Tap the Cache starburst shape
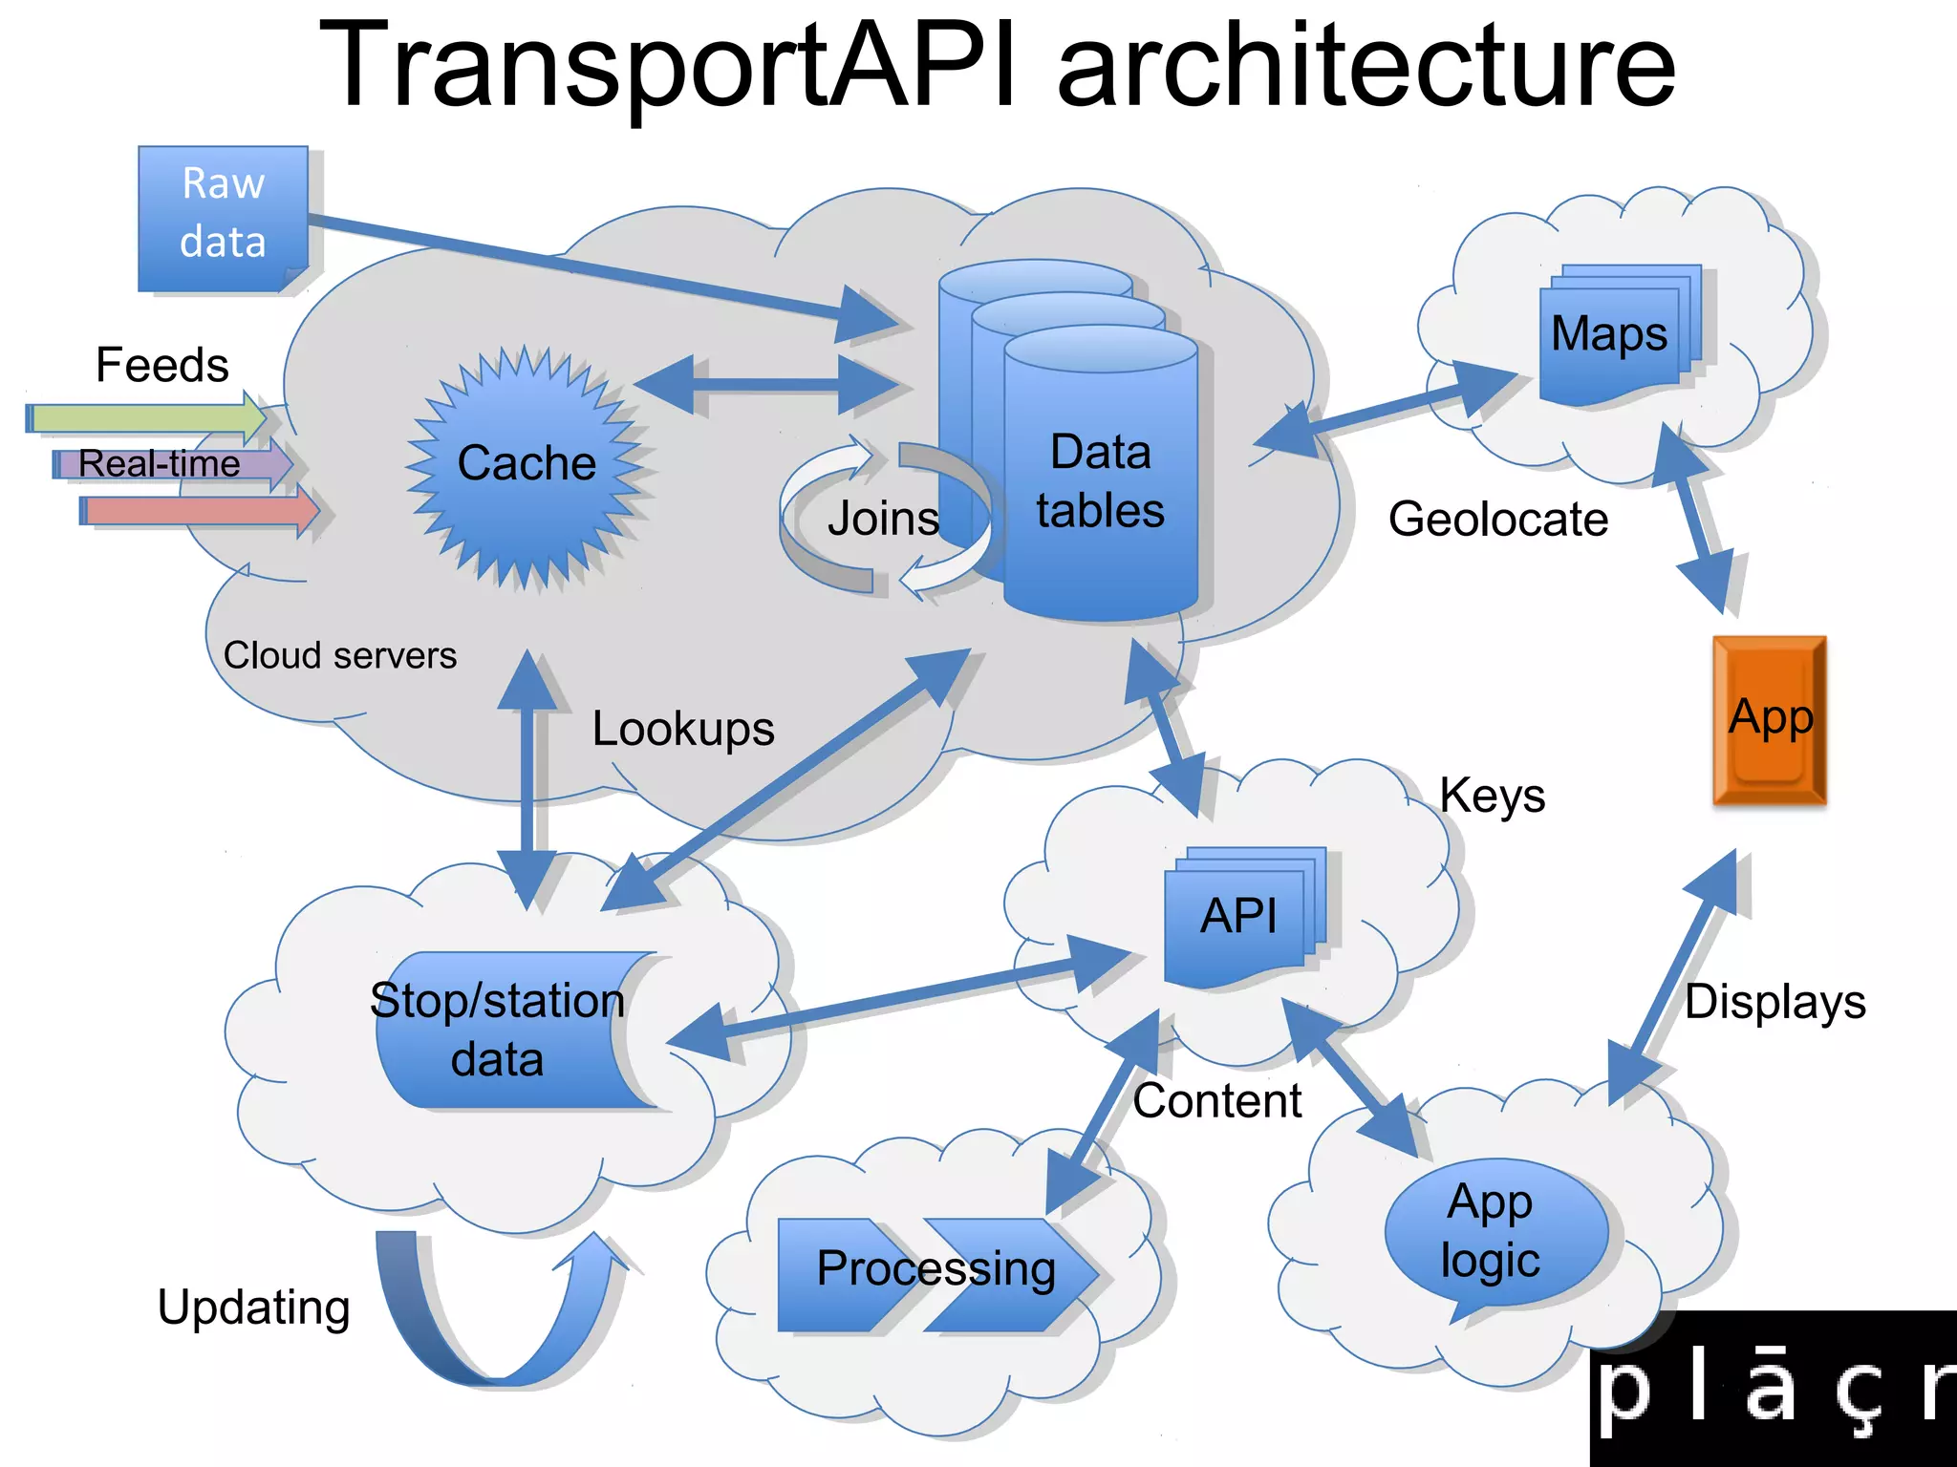(527, 465)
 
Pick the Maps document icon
(1614, 335)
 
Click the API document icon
(1239, 918)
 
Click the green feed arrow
(143, 418)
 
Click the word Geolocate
(1497, 521)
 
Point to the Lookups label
(682, 730)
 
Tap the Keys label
(1492, 796)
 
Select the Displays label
(1774, 1003)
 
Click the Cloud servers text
(339, 656)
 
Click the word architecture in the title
(1366, 67)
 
